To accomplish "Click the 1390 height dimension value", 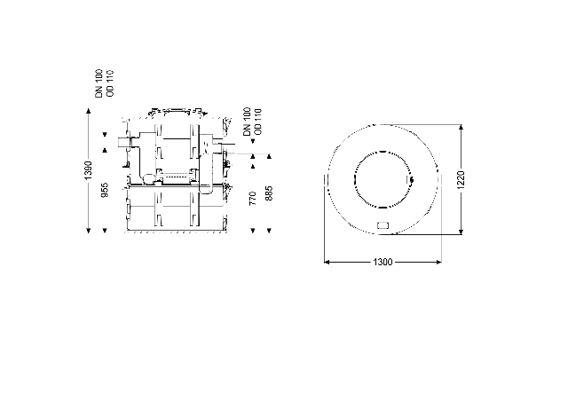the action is tap(89, 170).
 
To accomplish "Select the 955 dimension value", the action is tap(105, 190).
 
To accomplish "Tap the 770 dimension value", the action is tap(253, 199).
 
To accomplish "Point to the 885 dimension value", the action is tap(269, 193).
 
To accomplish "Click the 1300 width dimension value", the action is tap(383, 262).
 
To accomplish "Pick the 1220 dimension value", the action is tap(461, 180).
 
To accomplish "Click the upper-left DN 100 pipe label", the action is tap(99, 83).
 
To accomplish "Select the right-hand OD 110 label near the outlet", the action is tap(258, 122).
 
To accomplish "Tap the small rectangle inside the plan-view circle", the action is tap(383, 225).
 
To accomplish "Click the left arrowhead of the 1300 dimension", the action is tap(326, 262).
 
